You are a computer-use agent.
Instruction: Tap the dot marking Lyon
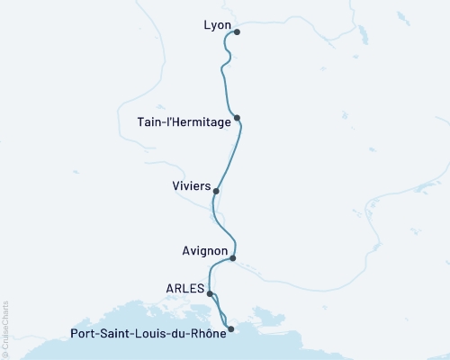pos(237,31)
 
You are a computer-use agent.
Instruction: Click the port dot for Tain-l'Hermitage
pos(237,118)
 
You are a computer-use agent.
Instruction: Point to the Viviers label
pos(191,187)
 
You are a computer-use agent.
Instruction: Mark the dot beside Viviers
pos(216,191)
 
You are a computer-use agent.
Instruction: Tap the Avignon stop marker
pos(233,258)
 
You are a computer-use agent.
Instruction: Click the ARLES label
pos(184,288)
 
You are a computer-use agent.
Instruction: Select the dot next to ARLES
pos(210,293)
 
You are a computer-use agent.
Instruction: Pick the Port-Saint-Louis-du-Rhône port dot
pos(231,329)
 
